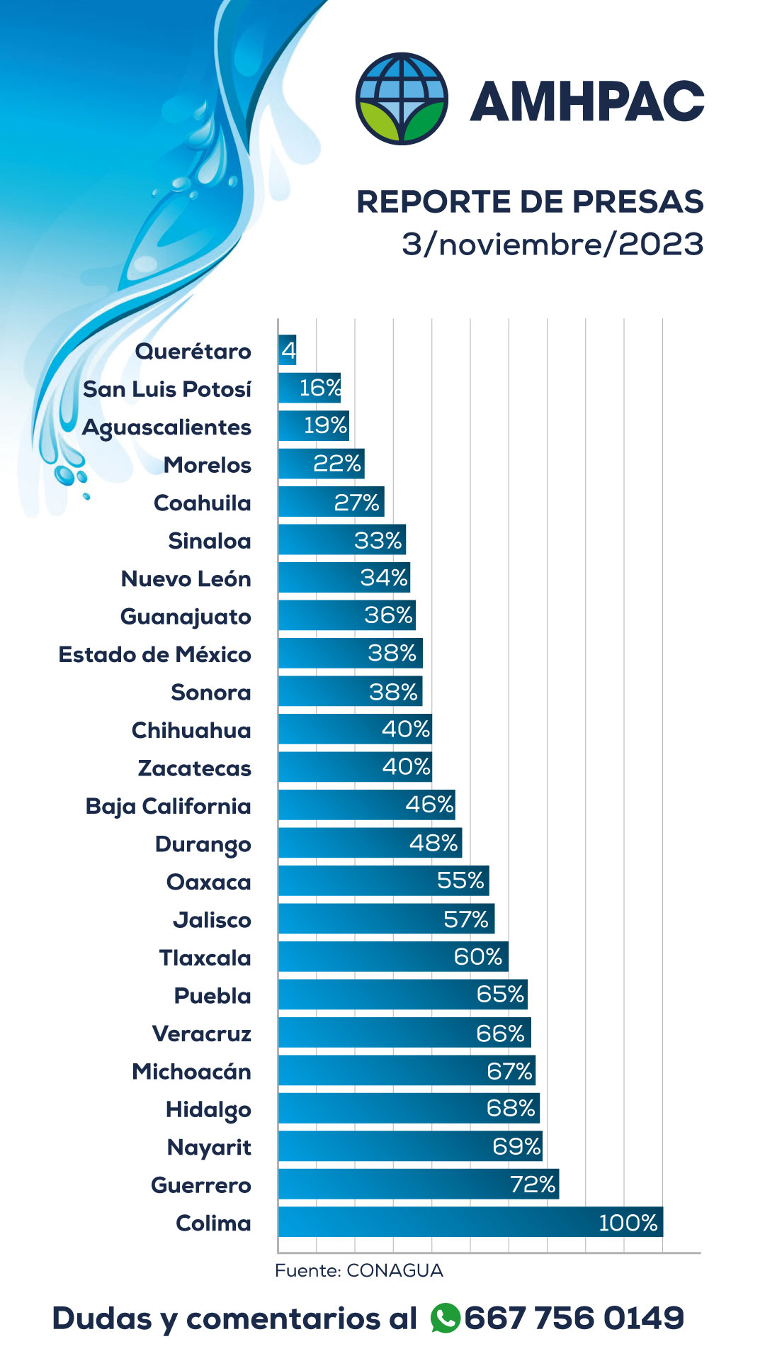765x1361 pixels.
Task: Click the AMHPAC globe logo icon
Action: [402, 99]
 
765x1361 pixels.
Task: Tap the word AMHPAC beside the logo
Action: [587, 101]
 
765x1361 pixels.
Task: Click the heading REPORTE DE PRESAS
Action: [530, 201]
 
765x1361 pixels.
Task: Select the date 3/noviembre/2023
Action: [552, 244]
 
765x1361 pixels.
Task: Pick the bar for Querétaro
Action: [287, 350]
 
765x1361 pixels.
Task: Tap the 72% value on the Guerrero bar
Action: [533, 1184]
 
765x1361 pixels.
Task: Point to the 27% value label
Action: [357, 503]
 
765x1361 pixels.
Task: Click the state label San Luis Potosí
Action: [167, 389]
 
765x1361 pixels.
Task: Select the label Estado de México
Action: [154, 654]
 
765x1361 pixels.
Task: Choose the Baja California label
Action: [168, 806]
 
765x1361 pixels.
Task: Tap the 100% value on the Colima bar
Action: [628, 1223]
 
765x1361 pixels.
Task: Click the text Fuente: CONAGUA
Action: [358, 1270]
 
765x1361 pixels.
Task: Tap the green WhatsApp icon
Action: [445, 1318]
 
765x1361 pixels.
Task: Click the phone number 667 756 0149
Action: [574, 1318]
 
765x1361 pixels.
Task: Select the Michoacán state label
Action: [191, 1071]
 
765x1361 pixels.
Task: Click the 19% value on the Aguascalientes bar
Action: [325, 425]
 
